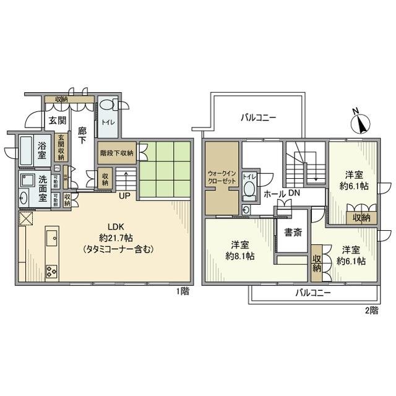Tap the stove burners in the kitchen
(51, 271)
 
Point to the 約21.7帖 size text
(117, 238)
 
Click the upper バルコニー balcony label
(259, 118)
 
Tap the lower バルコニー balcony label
(312, 292)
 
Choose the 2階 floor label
(371, 311)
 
